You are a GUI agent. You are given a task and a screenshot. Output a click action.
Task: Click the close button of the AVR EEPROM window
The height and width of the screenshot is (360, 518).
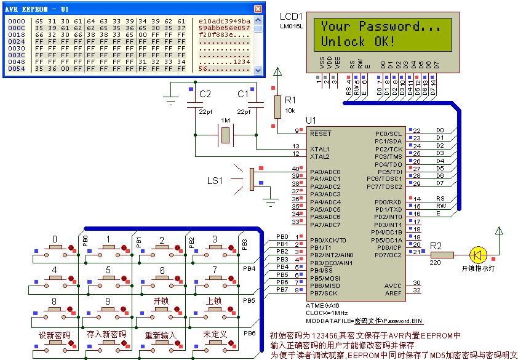258,9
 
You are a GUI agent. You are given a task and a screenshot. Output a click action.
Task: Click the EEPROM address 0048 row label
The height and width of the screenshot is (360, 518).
16,62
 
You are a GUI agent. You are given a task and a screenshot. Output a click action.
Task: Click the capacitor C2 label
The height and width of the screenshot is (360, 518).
205,94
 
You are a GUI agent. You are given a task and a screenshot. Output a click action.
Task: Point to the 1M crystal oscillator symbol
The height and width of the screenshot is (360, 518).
226,134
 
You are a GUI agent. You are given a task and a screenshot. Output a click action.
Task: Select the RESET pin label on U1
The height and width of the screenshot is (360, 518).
321,133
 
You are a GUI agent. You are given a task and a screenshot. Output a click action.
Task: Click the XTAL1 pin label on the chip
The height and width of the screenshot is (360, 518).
319,149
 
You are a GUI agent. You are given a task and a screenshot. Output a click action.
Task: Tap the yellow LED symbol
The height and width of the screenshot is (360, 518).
477,254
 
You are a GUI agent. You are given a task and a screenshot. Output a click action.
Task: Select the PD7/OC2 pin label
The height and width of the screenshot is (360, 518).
388,255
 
